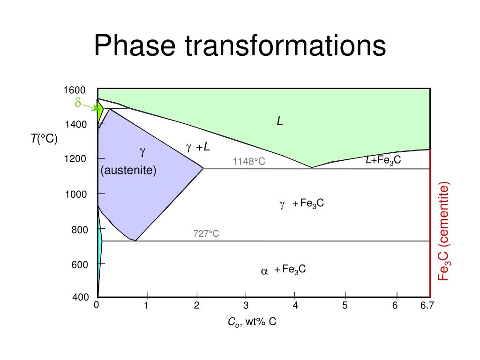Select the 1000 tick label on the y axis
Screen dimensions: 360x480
pos(75,194)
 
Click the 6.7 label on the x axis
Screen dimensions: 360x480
pos(427,306)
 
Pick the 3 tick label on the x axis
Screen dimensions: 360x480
pos(246,306)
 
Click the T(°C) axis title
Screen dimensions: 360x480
pos(44,139)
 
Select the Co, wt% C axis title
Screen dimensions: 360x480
pos(252,322)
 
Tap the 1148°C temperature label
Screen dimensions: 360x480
pos(249,162)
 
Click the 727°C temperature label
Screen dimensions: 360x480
pos(206,233)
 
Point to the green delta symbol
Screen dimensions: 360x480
pos(78,103)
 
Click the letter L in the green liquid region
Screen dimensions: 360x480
pos(280,122)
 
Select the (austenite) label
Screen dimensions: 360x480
pos(128,170)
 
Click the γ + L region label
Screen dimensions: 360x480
pos(198,148)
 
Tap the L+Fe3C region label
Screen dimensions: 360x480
pos(383,160)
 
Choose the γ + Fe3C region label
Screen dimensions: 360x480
pos(301,204)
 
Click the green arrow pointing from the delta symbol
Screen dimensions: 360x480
pos(91,107)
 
